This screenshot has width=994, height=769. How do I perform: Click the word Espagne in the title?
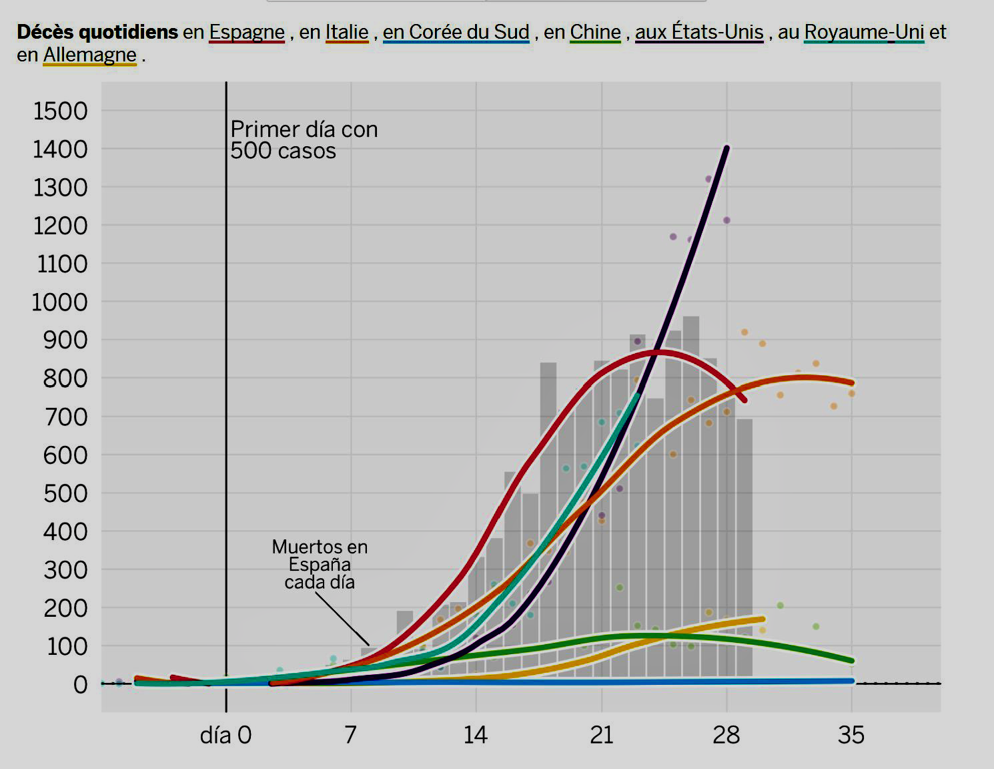[247, 32]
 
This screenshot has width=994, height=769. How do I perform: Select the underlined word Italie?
[347, 32]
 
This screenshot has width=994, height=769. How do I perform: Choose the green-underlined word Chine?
[595, 32]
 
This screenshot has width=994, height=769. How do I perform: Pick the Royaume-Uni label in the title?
[864, 32]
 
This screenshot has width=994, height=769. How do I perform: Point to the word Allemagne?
[89, 55]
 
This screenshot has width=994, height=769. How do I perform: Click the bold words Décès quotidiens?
[97, 32]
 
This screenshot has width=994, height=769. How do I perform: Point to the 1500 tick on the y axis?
[61, 111]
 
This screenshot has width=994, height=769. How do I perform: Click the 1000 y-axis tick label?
[60, 302]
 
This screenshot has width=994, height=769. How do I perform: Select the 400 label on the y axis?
[65, 531]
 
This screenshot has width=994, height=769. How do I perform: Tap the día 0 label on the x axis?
[225, 735]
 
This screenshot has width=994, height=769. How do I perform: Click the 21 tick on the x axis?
[602, 735]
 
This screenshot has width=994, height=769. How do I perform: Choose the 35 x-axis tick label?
[851, 735]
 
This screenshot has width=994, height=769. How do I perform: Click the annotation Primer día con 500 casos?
[304, 140]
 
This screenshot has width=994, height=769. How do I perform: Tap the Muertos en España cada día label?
[320, 564]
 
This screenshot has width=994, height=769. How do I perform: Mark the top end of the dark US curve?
[726, 148]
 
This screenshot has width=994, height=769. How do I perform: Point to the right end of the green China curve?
[851, 661]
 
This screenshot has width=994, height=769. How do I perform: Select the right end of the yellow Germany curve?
[762, 619]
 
